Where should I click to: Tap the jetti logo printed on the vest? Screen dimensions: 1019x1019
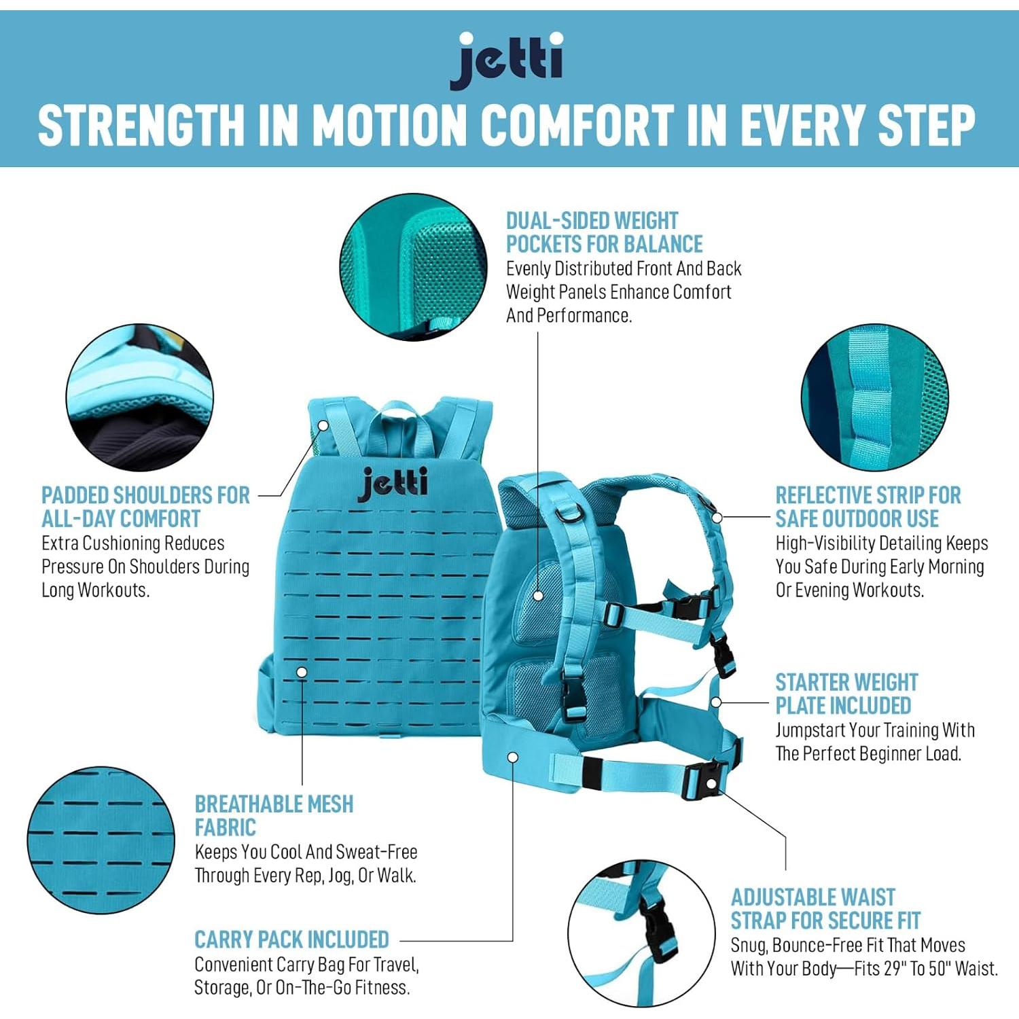point(393,483)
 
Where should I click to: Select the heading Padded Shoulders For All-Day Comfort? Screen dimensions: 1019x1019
point(145,507)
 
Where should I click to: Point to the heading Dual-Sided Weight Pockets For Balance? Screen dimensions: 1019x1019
point(604,232)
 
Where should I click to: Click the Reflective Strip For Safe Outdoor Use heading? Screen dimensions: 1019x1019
point(868,507)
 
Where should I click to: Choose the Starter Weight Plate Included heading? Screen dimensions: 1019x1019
point(846,694)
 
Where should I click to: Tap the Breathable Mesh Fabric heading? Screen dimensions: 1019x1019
point(273,816)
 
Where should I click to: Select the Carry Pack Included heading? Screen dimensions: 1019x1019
point(291,940)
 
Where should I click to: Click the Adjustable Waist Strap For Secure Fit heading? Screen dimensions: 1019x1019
point(825,909)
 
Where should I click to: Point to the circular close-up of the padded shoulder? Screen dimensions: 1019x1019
point(140,398)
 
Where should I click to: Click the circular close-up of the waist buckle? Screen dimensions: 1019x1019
point(641,933)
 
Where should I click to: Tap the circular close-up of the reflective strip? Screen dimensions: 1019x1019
point(875,398)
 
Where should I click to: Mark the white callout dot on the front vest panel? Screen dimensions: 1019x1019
point(302,672)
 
